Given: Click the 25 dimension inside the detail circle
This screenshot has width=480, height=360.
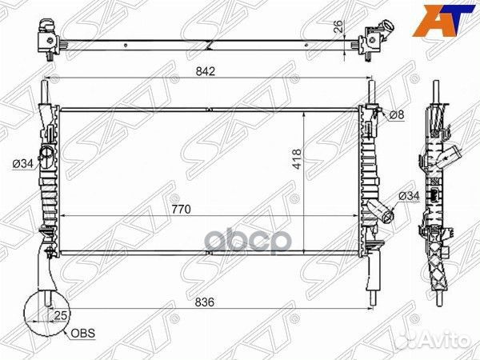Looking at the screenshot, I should click(x=60, y=314).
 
